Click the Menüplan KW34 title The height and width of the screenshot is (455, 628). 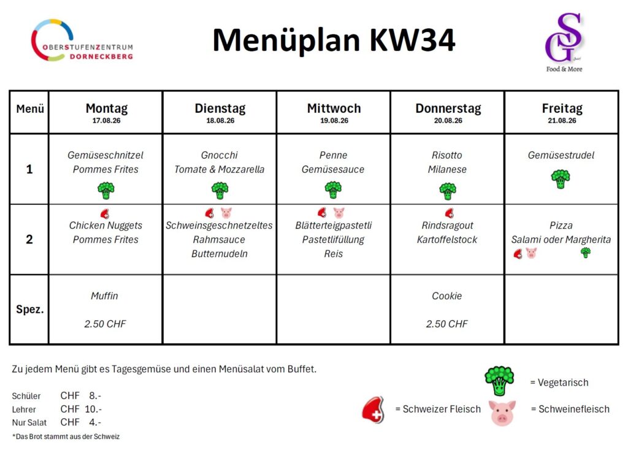coord(334,40)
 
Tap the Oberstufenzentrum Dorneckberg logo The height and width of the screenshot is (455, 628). coord(82,40)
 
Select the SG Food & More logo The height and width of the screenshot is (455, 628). coord(564,42)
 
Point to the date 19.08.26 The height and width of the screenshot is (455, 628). coord(334,121)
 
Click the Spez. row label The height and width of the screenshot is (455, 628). coord(29,310)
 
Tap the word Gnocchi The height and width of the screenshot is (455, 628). coord(220,155)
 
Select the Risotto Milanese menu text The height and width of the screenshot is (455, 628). coord(447,162)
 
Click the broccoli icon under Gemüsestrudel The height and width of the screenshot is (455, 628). coord(561,178)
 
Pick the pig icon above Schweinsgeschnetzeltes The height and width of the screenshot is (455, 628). coord(226,212)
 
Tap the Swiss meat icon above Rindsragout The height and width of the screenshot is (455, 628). coord(450,213)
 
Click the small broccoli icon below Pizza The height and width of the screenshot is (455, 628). coord(586,252)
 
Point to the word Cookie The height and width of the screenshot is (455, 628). coord(447,296)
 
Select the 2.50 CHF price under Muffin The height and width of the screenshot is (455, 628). coord(105,324)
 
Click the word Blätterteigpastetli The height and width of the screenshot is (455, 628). coord(334,226)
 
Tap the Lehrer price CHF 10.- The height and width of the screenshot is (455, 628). coord(81,409)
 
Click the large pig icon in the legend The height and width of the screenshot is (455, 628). coord(502,413)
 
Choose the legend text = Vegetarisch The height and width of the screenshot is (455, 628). coord(559,383)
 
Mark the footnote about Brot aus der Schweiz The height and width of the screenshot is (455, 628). coord(66,437)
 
